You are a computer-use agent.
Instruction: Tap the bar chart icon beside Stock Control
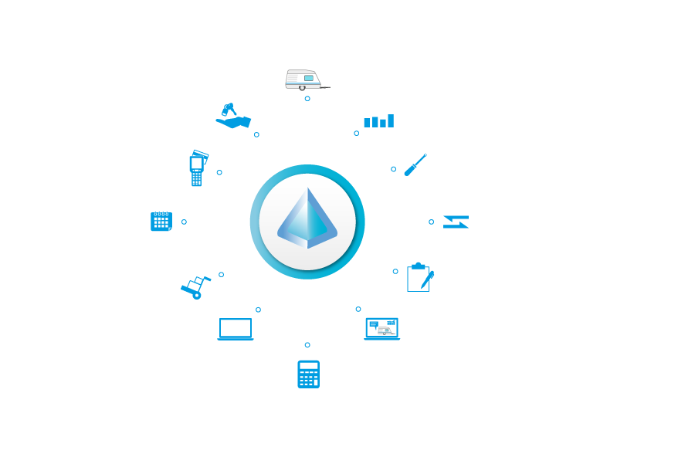[x=378, y=117]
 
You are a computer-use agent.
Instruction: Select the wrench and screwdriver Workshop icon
[x=415, y=164]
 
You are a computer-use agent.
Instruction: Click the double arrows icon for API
[x=456, y=222]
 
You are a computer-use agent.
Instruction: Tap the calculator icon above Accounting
[x=308, y=374]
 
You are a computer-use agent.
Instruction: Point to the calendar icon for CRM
[x=161, y=222]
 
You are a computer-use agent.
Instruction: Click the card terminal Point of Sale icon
[x=197, y=167]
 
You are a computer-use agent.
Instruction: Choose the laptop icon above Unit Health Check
[x=381, y=329]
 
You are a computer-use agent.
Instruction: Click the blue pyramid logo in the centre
[x=307, y=218]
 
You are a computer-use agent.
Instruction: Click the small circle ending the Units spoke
[x=307, y=99]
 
